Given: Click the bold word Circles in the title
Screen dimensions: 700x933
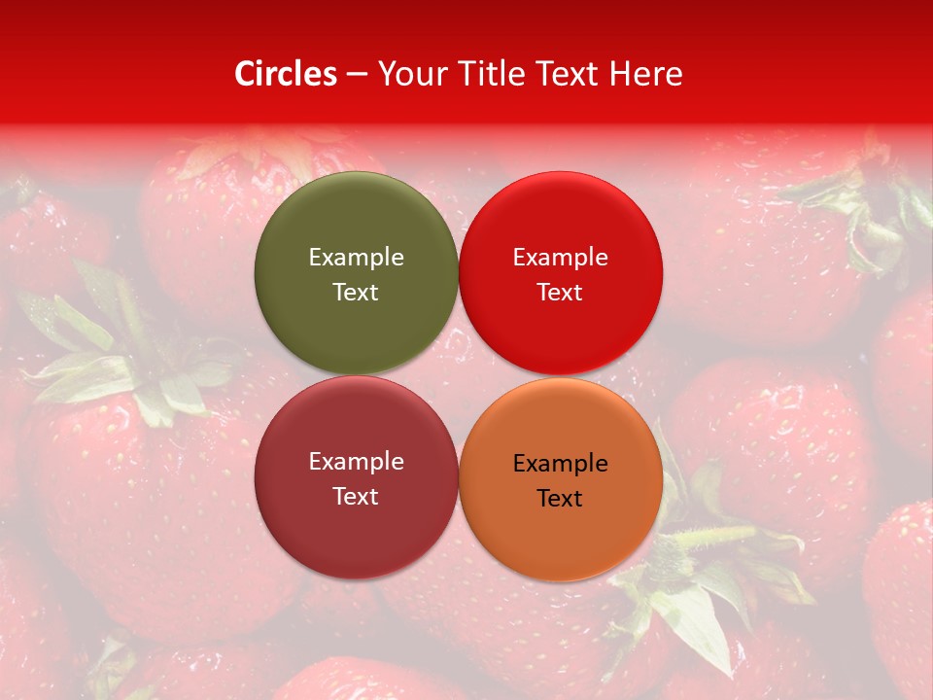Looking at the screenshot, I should (x=285, y=74).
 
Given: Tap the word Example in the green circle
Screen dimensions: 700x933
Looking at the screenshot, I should (x=356, y=257).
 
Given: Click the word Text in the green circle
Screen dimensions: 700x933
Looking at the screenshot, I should (x=356, y=292).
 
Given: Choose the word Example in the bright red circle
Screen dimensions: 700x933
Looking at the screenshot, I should (x=560, y=257).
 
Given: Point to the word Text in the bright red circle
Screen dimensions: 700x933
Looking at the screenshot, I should (x=560, y=292).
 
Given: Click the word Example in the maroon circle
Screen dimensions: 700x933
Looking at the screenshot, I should (x=356, y=461).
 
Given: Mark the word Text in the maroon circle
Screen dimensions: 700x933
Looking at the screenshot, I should (x=356, y=496).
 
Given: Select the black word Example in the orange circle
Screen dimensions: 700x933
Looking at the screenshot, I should (x=560, y=464).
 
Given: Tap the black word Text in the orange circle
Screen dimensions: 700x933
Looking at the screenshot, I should (x=560, y=499).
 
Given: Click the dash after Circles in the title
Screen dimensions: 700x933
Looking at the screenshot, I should (x=357, y=74).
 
